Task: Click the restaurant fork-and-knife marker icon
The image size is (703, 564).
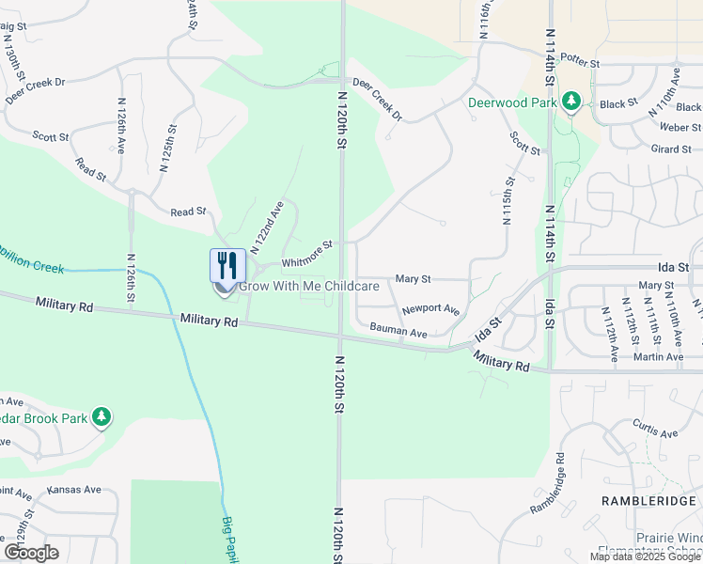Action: click(225, 267)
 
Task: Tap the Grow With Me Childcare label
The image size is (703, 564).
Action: click(309, 286)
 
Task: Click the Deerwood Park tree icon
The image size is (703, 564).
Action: click(570, 101)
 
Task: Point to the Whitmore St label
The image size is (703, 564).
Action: click(307, 254)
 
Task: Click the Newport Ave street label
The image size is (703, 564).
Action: click(430, 309)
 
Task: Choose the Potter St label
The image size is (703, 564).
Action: click(580, 62)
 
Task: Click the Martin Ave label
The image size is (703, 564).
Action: click(659, 356)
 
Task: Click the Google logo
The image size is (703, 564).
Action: click(31, 553)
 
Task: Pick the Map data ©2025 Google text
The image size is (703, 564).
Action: click(645, 556)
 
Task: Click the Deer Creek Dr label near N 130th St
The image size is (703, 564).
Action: click(35, 90)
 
